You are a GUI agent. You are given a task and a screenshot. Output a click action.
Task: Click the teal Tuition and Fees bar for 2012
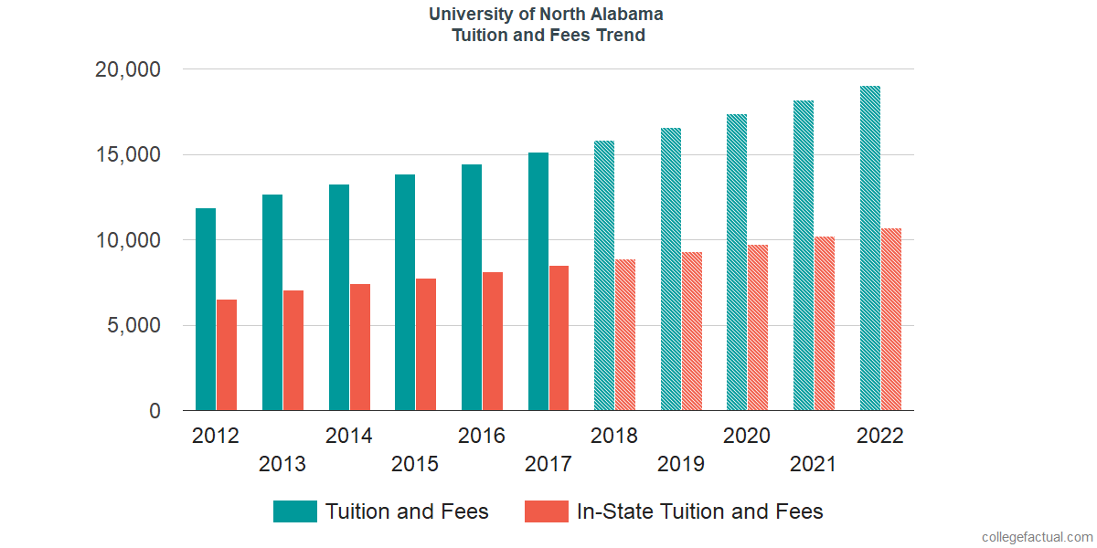point(206,310)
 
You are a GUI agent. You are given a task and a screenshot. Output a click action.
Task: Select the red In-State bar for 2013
point(293,351)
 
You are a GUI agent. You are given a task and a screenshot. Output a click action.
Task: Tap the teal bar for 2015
point(405,292)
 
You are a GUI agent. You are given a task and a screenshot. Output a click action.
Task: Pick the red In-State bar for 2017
point(559,338)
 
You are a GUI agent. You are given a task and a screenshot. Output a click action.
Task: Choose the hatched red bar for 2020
point(758,328)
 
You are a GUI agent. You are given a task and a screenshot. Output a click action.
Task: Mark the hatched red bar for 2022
point(891,320)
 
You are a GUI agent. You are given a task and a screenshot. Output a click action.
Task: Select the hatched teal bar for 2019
point(671,269)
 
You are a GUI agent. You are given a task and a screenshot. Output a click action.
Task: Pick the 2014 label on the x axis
point(348,436)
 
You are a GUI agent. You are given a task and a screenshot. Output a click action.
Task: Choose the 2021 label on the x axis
point(814,465)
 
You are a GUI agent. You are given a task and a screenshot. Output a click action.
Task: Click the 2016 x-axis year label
point(482,436)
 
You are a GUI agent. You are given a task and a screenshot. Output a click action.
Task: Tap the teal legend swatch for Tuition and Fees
point(295,511)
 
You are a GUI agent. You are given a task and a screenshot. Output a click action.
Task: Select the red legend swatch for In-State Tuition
point(547,511)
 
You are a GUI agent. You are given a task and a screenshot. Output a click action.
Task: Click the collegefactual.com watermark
point(1036,537)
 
